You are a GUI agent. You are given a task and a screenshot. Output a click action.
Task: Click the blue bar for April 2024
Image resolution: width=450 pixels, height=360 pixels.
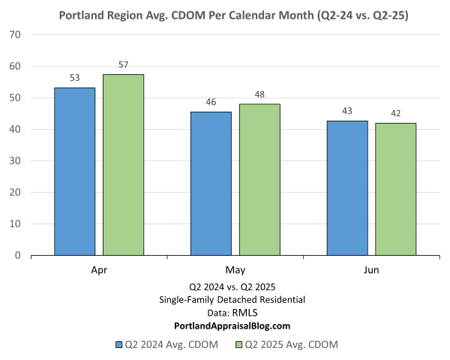pos(75,172)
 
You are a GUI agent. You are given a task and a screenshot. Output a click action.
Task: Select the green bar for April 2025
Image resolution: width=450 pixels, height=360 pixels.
pos(123,165)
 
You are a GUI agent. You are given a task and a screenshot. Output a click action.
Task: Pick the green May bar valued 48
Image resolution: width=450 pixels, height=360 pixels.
pos(259,180)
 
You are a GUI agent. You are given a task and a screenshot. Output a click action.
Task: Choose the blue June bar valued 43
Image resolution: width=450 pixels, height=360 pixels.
pos(347,188)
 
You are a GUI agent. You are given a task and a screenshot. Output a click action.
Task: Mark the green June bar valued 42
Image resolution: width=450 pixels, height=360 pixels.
pos(395,189)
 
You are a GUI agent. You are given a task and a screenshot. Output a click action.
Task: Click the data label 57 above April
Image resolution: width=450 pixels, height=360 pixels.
pos(124,64)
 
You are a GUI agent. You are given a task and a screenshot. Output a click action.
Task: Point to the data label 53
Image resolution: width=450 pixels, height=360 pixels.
pos(75,77)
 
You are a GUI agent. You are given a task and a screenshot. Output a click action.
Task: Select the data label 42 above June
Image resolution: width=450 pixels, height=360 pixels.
pos(395,113)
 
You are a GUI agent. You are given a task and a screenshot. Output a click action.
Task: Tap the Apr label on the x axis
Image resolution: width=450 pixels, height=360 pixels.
pos(99,269)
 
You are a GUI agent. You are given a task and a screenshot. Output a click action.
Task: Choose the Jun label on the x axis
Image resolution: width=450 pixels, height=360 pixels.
pos(371,269)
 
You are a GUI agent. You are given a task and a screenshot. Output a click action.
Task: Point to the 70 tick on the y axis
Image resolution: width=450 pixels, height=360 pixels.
pos(15,35)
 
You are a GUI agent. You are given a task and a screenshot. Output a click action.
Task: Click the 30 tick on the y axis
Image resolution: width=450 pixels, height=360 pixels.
pos(15,161)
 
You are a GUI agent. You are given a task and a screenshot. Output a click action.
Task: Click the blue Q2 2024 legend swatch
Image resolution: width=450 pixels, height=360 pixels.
pos(119,345)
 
